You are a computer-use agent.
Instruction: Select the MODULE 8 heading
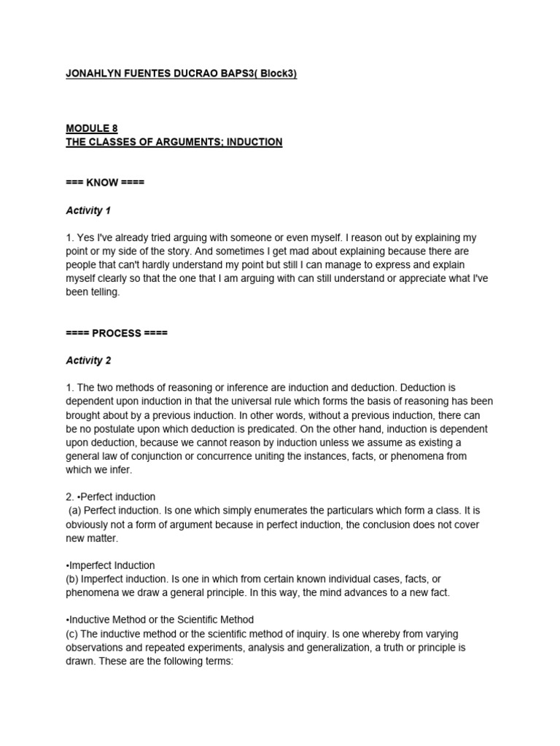pos(92,128)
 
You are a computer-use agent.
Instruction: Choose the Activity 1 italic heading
pos(88,211)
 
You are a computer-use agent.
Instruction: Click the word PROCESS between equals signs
pos(117,333)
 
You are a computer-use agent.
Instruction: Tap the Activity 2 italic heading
pos(88,361)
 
